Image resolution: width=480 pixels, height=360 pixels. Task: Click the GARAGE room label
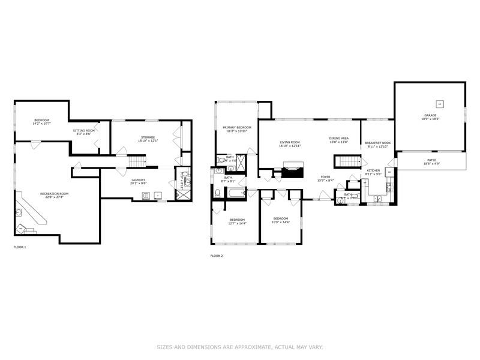pyautogui.click(x=430, y=115)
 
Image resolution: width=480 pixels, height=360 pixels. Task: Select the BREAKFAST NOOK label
pyautogui.click(x=377, y=143)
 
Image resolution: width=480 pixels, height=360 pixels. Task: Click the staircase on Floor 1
pyautogui.click(x=138, y=161)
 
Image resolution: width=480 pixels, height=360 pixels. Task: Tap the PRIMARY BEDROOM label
pyautogui.click(x=237, y=127)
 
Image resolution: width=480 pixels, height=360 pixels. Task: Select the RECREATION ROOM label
pyautogui.click(x=55, y=194)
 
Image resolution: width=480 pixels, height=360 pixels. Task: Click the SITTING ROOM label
pyautogui.click(x=84, y=130)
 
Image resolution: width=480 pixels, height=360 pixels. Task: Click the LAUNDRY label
pyautogui.click(x=139, y=179)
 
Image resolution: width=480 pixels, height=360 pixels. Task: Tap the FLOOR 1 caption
pyautogui.click(x=20, y=247)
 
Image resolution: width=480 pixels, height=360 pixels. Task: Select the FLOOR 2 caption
pyautogui.click(x=216, y=256)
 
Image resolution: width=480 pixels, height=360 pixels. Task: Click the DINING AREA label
pyautogui.click(x=338, y=139)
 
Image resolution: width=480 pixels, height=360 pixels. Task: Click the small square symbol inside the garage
pyautogui.click(x=439, y=102)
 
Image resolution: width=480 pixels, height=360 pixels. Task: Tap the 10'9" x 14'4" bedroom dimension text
pyautogui.click(x=281, y=222)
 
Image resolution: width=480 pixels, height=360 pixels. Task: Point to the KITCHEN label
pyautogui.click(x=373, y=171)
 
